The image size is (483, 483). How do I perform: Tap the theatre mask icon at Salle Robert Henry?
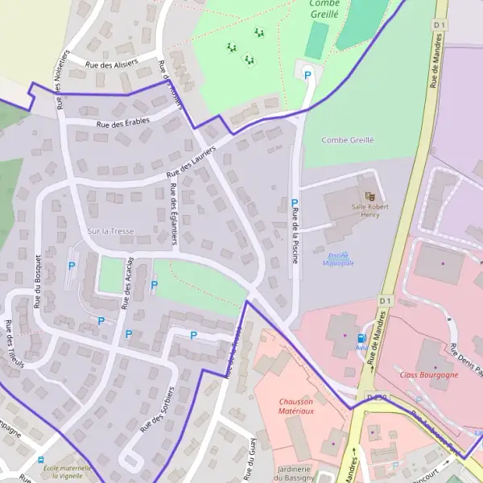click(x=369, y=196)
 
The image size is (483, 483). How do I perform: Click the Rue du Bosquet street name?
click(x=38, y=281)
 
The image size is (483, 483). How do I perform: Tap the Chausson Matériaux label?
click(x=296, y=406)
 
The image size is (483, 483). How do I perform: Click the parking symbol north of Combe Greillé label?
click(x=308, y=75)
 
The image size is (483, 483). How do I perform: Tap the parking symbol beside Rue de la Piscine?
click(x=295, y=204)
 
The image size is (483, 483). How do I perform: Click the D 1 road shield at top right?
click(x=439, y=25)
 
